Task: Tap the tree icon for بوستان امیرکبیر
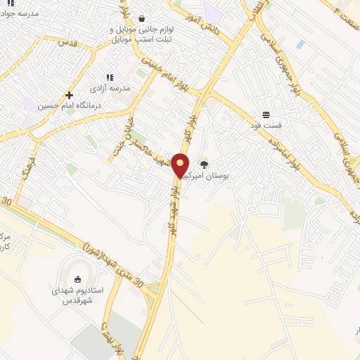coord(205,165)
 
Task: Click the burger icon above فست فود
coord(266,115)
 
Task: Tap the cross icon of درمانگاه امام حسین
coord(69,95)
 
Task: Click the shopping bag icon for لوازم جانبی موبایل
coord(143,18)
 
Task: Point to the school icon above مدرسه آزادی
coord(109,77)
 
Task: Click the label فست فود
coord(266,125)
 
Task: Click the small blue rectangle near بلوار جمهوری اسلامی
coord(301,44)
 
